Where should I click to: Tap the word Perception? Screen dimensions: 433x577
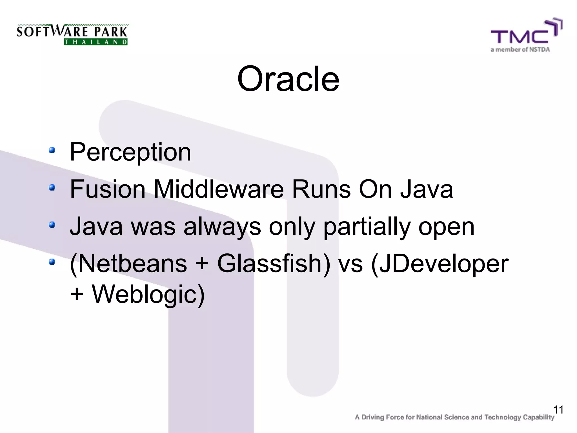[x=130, y=152]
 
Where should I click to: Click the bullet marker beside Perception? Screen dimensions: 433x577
[x=52, y=150]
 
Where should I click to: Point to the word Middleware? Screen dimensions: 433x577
[x=219, y=189]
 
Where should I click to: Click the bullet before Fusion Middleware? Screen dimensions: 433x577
[x=52, y=187]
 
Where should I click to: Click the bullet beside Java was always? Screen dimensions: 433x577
[x=52, y=225]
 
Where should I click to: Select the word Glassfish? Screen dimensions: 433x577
[x=273, y=264]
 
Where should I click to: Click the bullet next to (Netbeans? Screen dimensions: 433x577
[x=52, y=262]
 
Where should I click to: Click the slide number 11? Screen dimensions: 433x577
[x=558, y=410]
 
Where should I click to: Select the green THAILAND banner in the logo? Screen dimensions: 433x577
[x=96, y=42]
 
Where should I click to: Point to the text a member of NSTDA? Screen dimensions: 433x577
[x=520, y=50]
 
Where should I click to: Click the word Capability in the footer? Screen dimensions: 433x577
[x=538, y=417]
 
